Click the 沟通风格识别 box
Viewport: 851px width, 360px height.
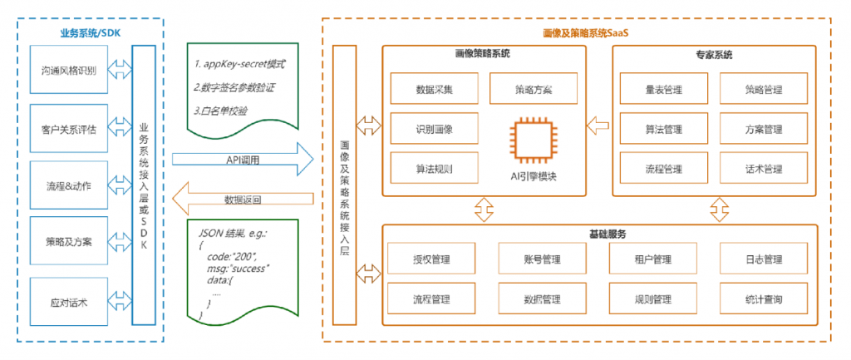pos(68,70)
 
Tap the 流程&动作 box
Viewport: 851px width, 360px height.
pos(68,184)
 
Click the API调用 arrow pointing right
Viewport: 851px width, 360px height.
pos(241,158)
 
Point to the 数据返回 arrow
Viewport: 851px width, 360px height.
pos(241,199)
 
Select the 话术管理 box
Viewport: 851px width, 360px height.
pos(763,169)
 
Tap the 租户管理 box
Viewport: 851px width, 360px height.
pos(652,259)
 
